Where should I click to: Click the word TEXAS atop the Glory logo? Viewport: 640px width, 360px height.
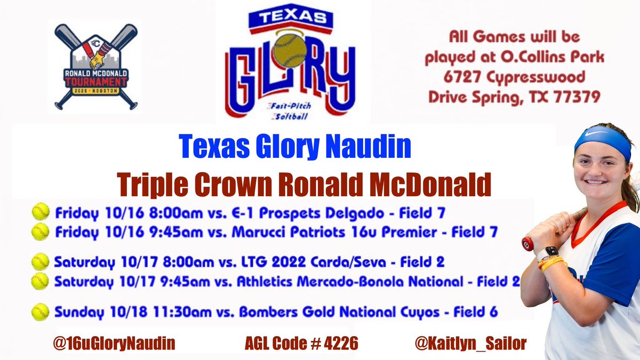point(288,18)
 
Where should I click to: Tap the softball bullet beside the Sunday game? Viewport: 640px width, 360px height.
point(39,311)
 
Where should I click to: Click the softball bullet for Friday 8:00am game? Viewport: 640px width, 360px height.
point(39,212)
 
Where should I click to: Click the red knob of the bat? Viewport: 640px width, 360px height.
point(527,244)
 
